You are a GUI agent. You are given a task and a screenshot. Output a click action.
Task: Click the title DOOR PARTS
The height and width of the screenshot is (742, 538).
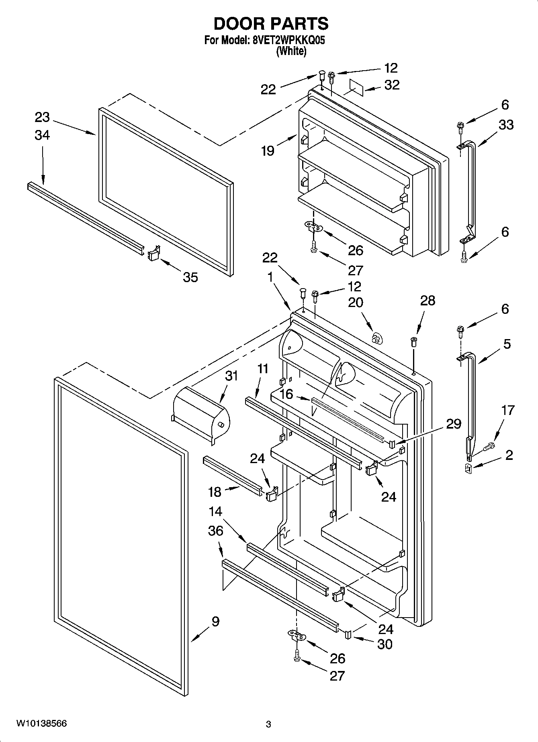pos(271,24)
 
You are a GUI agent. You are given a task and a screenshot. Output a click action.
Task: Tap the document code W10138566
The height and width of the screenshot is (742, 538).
pos(41,724)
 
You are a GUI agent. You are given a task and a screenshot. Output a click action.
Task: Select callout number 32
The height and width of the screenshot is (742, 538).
pos(392,85)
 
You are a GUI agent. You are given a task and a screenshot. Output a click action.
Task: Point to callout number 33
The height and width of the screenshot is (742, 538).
pos(506,125)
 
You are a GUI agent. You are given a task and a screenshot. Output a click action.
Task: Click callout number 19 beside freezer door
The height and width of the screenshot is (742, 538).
pos(268,151)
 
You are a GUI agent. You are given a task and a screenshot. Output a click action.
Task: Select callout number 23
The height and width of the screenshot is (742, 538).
pos(42,117)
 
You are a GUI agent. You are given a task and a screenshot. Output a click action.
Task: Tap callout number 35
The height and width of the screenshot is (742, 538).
pos(190,277)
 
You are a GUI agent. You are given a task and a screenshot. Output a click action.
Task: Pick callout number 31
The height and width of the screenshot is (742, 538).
pos(231,376)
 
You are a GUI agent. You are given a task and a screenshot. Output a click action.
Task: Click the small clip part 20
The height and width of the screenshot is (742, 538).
pos(376,338)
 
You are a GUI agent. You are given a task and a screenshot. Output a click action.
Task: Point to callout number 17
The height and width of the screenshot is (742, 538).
pos(508,410)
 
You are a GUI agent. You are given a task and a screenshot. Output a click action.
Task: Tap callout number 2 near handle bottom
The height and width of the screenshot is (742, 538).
pos(509,455)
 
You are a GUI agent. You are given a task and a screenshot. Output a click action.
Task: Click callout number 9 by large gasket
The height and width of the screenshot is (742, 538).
pos(215,622)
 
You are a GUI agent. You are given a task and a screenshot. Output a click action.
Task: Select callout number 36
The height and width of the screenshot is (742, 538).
pos(216,531)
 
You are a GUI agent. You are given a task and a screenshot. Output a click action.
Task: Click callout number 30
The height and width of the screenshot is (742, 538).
pos(385,644)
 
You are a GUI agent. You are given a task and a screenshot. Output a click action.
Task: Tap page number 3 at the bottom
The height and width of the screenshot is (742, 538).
pos(268,724)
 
